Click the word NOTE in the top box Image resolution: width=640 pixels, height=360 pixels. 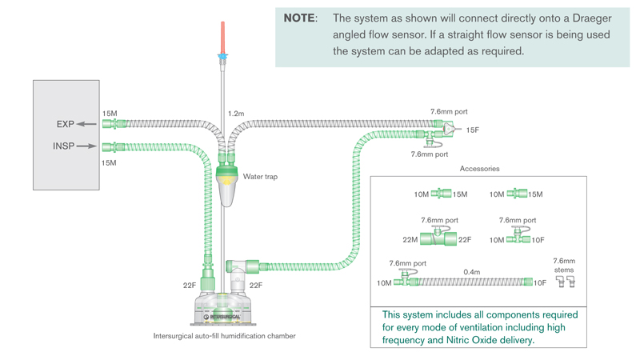299,18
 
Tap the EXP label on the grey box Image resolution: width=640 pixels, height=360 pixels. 66,125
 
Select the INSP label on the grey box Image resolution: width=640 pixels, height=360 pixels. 64,146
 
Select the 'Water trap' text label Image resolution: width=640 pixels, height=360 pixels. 260,177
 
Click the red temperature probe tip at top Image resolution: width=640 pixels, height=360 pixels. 223,36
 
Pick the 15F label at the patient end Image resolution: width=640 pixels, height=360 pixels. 473,130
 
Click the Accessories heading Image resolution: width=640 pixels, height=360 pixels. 480,169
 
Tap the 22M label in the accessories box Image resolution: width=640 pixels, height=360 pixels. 410,239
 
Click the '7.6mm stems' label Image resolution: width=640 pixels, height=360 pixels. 564,266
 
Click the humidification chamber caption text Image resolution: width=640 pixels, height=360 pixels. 224,336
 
